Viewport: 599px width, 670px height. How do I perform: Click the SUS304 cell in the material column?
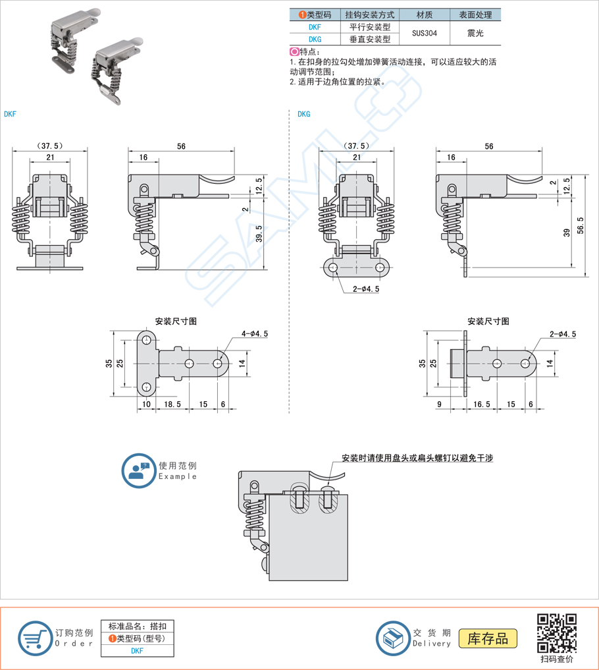click(x=424, y=33)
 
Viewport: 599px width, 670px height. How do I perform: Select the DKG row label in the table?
click(x=315, y=39)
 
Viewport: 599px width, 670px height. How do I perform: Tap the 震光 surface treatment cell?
click(x=475, y=33)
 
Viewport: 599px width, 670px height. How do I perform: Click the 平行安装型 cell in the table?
click(x=370, y=27)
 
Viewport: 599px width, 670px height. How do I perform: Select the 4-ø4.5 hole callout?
click(x=255, y=334)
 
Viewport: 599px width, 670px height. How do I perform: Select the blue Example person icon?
click(x=138, y=470)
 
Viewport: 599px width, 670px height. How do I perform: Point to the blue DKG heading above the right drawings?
click(x=303, y=114)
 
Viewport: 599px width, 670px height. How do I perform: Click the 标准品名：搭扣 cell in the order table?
click(x=137, y=626)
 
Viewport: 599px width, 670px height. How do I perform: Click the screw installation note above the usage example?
click(x=417, y=458)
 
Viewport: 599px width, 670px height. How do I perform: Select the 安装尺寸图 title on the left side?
click(x=176, y=321)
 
